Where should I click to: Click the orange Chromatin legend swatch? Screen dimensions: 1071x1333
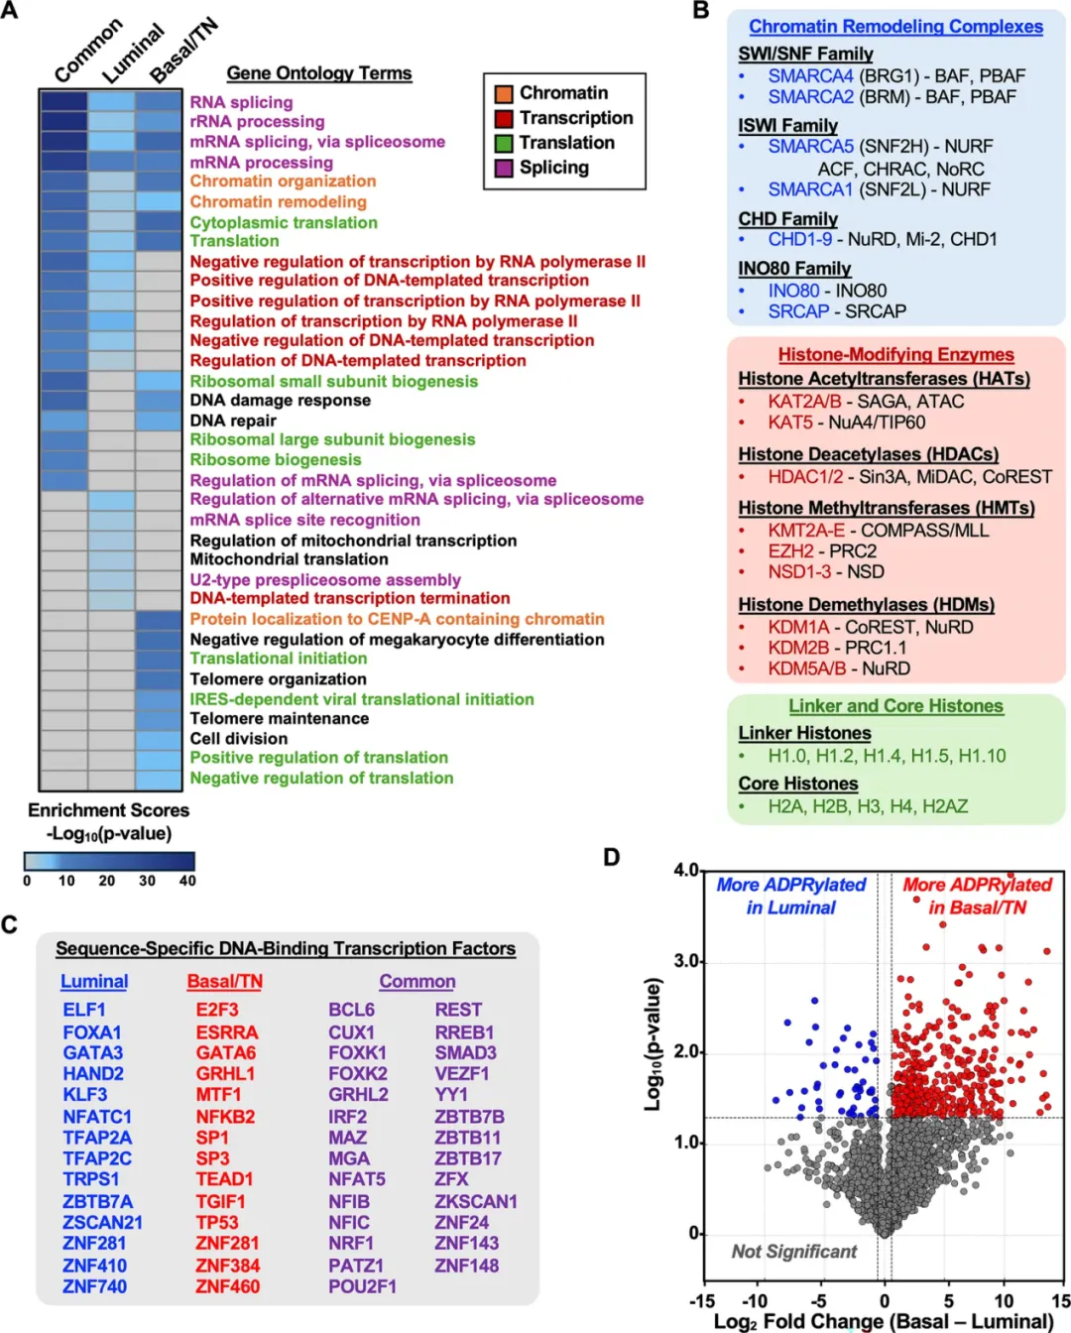coord(504,94)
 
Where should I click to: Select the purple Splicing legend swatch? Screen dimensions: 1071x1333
coord(504,169)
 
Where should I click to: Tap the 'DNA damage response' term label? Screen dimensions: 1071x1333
coord(280,401)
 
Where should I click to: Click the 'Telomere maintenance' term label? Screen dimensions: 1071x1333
coord(279,718)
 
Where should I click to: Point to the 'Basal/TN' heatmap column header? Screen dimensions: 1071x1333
coord(184,50)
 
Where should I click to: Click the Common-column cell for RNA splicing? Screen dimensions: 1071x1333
coord(63,101)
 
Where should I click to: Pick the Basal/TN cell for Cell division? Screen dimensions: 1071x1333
coord(159,739)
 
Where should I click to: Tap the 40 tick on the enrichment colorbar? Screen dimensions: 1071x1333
coord(187,881)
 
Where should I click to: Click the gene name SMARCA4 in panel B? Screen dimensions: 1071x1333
coord(811,76)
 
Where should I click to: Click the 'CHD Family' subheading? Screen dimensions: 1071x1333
coord(788,219)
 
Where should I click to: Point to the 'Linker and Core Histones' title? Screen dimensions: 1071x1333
coord(895,706)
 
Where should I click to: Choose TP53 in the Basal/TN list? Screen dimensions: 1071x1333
coord(217,1222)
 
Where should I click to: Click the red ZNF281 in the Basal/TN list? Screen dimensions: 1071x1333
coord(227,1243)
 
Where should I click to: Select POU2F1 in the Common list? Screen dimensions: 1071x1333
coord(362,1286)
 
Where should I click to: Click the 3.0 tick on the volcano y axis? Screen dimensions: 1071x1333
coord(686,962)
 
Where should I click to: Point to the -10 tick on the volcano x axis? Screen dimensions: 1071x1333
coord(755,1301)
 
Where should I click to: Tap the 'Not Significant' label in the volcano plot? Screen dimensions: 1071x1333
coord(794,1252)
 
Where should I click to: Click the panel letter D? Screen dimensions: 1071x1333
coord(612,857)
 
